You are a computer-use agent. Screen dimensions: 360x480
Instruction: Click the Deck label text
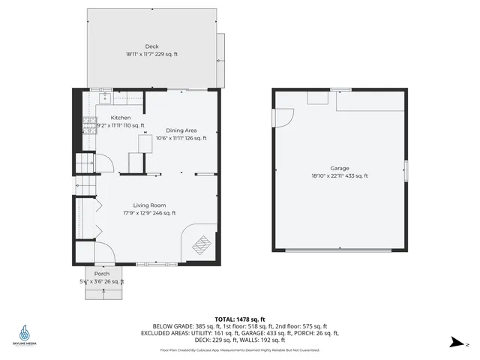(x=151, y=46)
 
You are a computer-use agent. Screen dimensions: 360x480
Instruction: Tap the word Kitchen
(x=121, y=118)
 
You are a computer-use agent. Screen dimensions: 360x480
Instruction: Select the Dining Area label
(x=181, y=130)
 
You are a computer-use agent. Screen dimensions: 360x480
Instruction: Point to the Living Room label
(x=149, y=205)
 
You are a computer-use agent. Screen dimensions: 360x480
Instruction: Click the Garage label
(x=340, y=169)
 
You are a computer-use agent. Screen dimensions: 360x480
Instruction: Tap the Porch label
(x=102, y=274)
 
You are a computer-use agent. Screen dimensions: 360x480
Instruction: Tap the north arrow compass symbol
(x=454, y=343)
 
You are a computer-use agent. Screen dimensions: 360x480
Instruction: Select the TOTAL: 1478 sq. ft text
(x=239, y=319)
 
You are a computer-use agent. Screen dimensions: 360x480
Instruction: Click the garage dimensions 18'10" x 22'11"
(x=340, y=176)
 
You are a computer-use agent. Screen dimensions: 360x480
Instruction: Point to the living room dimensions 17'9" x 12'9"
(x=149, y=213)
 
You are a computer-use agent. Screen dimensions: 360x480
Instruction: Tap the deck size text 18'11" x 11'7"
(x=151, y=54)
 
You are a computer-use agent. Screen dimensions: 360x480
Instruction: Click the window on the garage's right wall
(x=406, y=170)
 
